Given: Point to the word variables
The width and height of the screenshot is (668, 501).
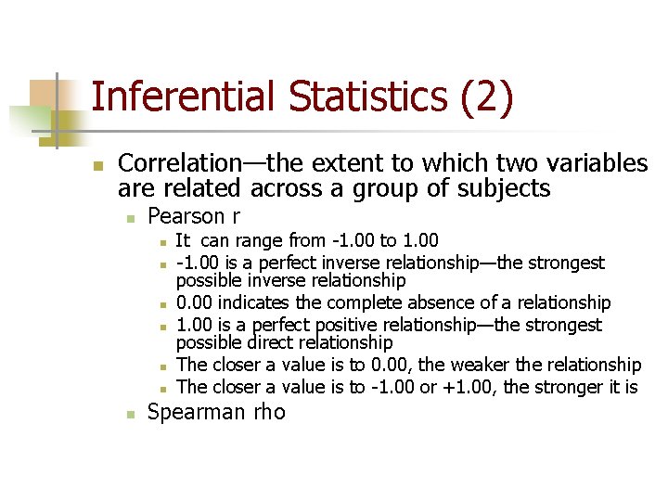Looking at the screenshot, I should (x=596, y=163).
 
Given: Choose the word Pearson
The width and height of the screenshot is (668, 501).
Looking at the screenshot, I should (x=186, y=217).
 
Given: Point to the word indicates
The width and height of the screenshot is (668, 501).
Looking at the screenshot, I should (x=256, y=303).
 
